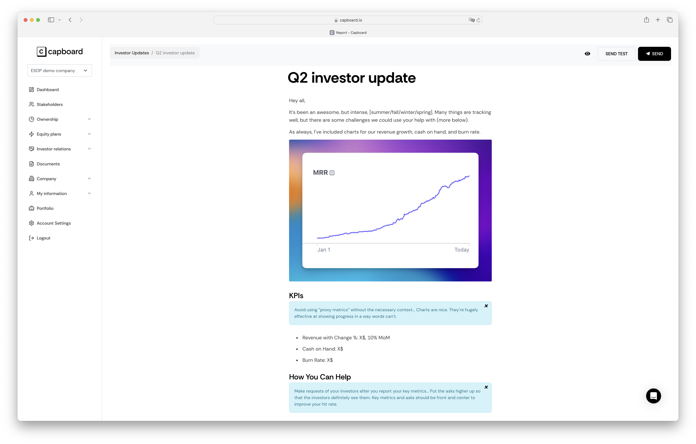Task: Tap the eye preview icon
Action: [587, 54]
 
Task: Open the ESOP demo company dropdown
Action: [60, 71]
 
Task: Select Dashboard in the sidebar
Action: [47, 90]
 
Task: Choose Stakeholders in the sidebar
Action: [49, 104]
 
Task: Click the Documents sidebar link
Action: [48, 164]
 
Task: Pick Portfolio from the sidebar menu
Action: [45, 208]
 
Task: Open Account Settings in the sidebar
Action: [53, 223]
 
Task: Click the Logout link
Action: [43, 238]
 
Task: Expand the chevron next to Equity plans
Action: [89, 134]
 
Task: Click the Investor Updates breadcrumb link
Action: [131, 53]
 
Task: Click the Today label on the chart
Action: [462, 250]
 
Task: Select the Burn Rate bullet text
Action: [317, 360]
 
